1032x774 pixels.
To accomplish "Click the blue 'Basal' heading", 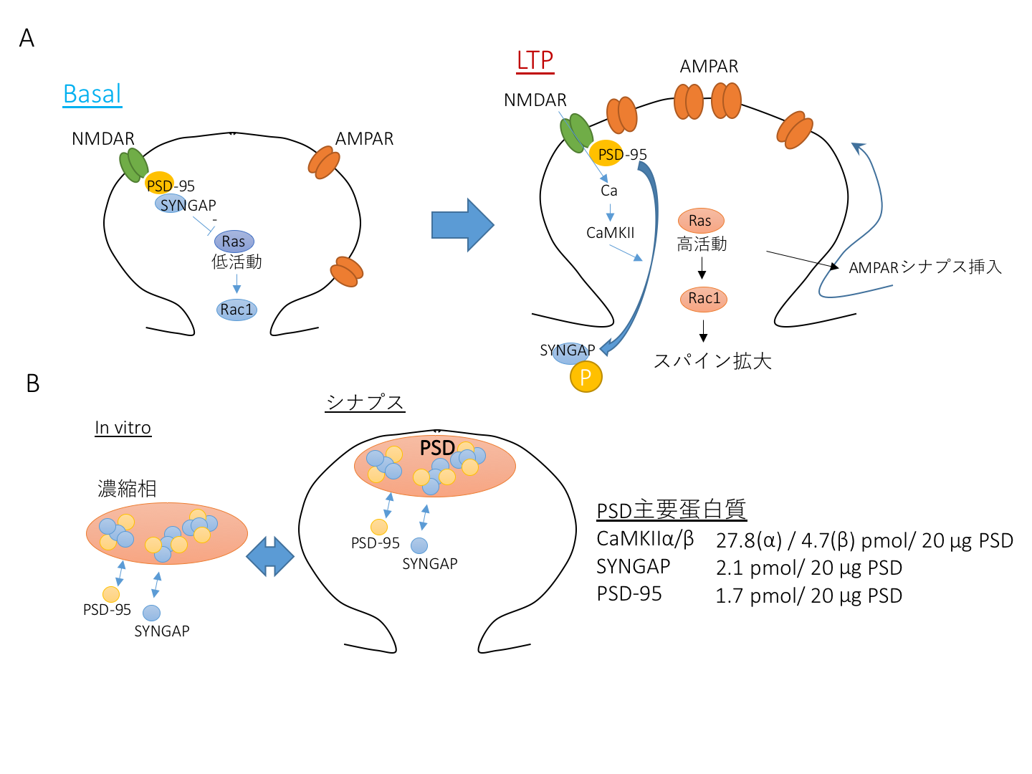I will [92, 94].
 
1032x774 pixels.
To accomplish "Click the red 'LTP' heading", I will [535, 60].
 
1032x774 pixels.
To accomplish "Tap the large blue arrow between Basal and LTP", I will [462, 225].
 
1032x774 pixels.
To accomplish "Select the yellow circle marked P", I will [586, 377].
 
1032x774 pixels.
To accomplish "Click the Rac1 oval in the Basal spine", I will [236, 310].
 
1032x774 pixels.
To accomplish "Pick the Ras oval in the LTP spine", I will [700, 221].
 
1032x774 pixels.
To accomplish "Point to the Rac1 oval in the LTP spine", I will [704, 298].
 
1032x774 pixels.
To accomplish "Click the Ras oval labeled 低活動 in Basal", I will [234, 242].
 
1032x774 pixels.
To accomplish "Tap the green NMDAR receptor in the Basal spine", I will [133, 165].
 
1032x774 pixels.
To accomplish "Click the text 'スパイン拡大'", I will [712, 360].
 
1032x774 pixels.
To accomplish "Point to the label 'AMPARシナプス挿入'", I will [925, 267].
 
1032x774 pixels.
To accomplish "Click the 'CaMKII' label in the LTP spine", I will [610, 233].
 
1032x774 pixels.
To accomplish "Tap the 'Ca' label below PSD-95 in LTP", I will [609, 191].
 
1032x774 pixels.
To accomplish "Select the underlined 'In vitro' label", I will [123, 428].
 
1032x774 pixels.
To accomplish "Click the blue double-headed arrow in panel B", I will [270, 556].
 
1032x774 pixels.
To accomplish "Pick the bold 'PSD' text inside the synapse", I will [437, 448].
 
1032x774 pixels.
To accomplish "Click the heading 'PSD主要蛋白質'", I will [672, 510].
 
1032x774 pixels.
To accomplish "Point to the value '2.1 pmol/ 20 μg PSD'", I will [809, 568].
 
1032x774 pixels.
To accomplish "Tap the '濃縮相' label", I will [127, 489].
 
